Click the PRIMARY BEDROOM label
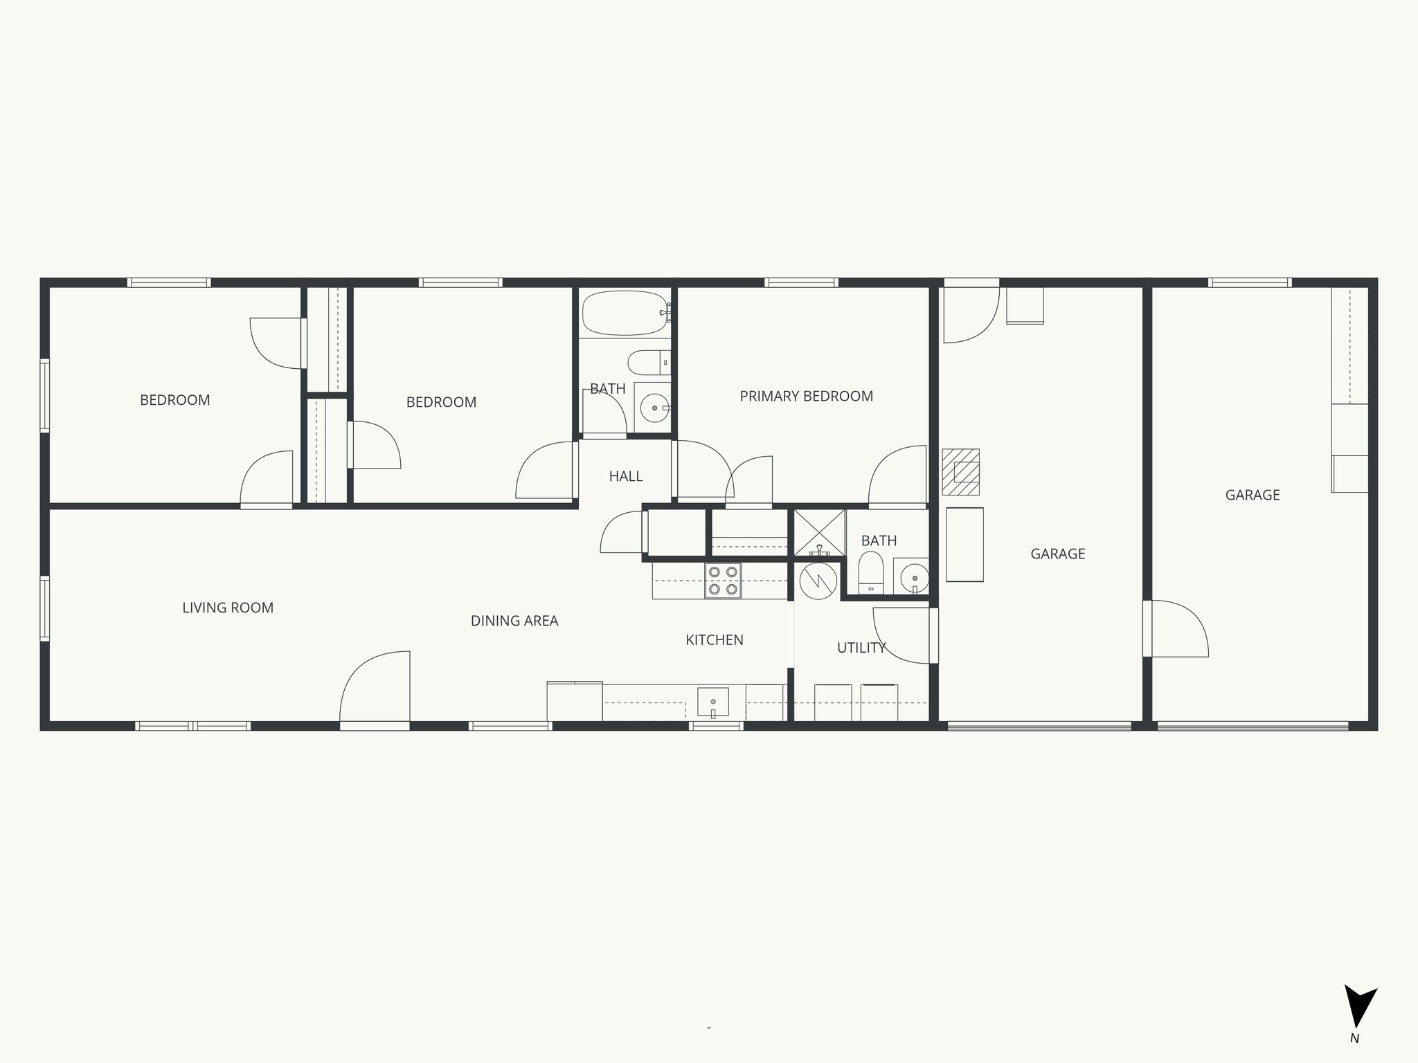pos(806,397)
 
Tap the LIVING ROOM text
pos(228,608)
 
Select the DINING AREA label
pos(514,621)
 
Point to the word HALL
pos(625,476)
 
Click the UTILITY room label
pos(861,648)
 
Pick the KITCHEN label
pos(714,640)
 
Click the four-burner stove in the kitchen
pos(723,581)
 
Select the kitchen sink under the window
pos(712,702)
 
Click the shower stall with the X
pos(819,533)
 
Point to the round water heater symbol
pos(818,581)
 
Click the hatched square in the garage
pos(961,472)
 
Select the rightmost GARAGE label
pos(1252,495)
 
